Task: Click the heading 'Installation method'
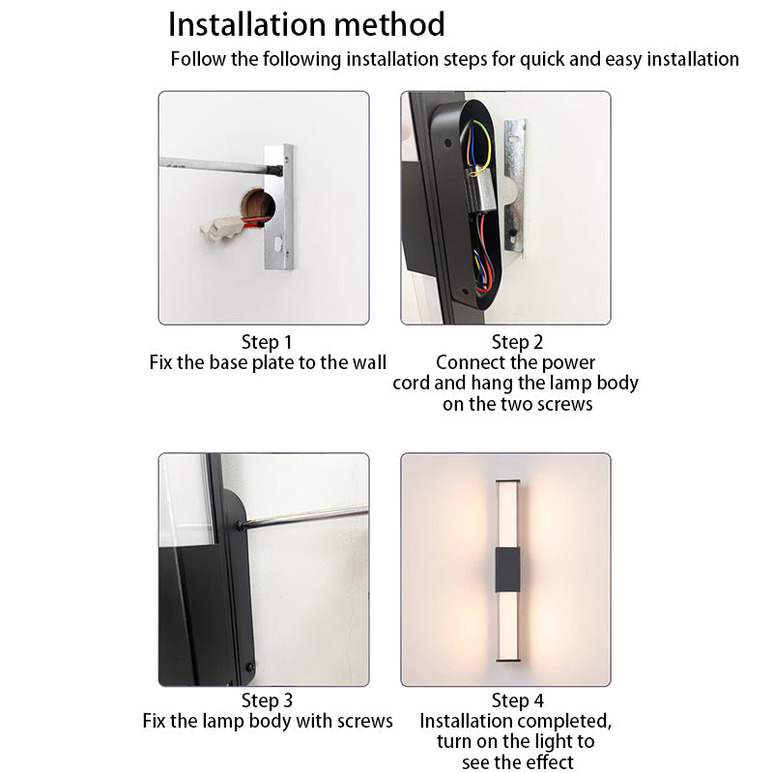coord(306,24)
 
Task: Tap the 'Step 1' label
coord(266,342)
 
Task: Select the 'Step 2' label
coord(517,342)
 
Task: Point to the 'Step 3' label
coord(267,701)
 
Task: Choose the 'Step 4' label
coord(517,701)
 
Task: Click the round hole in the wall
coord(256,205)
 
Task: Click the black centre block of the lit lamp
coord(505,569)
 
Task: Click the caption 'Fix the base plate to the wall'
coord(268,363)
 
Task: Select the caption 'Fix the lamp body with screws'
coord(268,721)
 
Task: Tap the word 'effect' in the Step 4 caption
coord(547,762)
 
